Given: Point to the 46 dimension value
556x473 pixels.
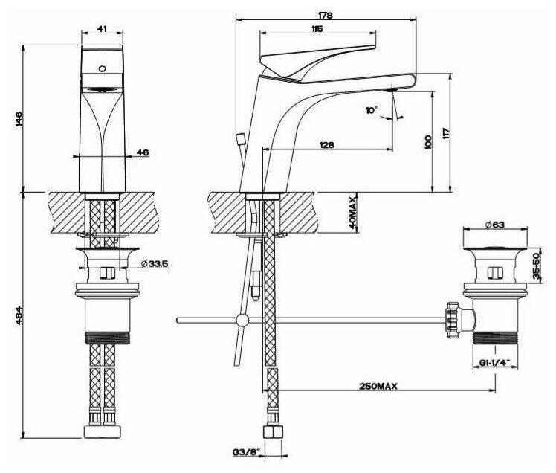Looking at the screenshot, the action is click(x=142, y=152).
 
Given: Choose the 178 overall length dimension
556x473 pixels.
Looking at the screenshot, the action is click(x=326, y=14).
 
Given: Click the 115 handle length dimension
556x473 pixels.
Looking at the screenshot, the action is click(x=317, y=29).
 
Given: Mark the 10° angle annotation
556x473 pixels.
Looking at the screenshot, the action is click(x=372, y=109).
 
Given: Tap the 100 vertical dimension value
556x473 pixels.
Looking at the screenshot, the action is click(x=427, y=141).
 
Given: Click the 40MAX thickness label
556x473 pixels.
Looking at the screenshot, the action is click(x=354, y=213).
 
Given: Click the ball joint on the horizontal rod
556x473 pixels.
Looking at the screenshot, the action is click(x=241, y=321).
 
